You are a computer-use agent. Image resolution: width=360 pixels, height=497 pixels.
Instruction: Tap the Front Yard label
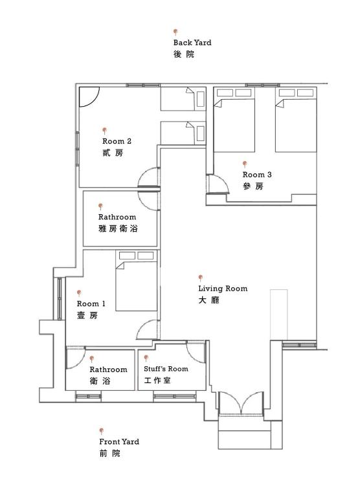click(x=119, y=442)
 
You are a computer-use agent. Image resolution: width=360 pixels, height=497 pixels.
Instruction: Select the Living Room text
click(x=223, y=289)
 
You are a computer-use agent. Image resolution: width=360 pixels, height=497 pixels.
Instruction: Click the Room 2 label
click(x=117, y=141)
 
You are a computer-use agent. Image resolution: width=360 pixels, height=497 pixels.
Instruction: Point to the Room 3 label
click(x=257, y=175)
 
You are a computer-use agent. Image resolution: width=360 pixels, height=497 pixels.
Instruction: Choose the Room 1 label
click(x=91, y=304)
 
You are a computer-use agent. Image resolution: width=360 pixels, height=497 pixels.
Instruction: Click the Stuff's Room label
click(x=166, y=369)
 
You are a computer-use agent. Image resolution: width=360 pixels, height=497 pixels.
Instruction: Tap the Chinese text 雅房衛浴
click(x=118, y=229)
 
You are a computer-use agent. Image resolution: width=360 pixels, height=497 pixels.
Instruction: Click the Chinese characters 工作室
click(x=157, y=381)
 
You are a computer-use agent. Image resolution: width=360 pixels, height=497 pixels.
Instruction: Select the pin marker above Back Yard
click(x=175, y=31)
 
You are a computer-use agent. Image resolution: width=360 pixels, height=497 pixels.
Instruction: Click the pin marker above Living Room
click(x=201, y=277)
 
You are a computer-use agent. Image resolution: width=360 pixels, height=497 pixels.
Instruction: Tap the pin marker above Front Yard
click(x=102, y=430)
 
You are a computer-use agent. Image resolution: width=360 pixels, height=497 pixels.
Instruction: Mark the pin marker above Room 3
click(x=245, y=164)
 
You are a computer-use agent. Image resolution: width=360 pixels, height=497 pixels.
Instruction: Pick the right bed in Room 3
click(x=295, y=120)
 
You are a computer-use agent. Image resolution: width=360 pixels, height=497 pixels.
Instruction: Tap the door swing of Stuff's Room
click(x=196, y=350)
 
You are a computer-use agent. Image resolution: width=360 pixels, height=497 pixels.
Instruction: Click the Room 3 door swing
click(x=218, y=184)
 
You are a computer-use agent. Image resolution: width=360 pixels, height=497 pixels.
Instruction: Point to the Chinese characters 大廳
click(x=208, y=301)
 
